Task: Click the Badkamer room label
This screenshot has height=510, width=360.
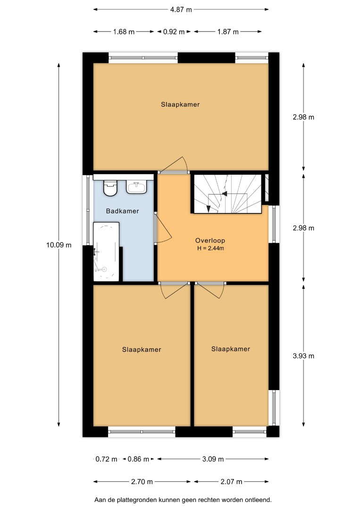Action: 122,211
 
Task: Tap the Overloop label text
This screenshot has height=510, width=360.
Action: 210,241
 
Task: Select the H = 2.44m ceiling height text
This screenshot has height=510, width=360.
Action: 210,248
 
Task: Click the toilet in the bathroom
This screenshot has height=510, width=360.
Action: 110,188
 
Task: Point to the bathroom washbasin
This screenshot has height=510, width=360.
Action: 137,187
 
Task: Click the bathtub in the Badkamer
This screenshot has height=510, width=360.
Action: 106,252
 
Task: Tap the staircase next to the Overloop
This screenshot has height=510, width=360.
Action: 227,194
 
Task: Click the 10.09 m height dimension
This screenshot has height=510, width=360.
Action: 59,245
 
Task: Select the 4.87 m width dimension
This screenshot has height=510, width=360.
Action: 181,9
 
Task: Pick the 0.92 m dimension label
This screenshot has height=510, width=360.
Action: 174,32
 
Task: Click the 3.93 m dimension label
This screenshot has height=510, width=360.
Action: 303,356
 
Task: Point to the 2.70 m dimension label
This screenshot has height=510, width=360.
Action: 142,482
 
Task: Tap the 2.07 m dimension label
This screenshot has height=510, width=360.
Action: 231,482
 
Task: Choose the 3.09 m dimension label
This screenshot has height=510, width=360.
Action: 213,459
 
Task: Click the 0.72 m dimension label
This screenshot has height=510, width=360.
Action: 106,459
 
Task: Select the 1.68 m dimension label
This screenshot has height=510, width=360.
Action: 124,32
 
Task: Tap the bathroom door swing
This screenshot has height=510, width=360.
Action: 162,229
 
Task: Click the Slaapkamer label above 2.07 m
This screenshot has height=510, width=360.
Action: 231,349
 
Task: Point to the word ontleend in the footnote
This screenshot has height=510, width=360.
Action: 259,500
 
